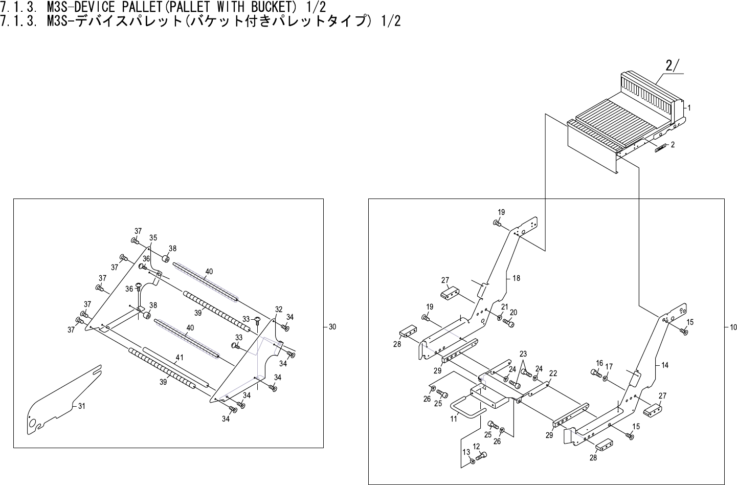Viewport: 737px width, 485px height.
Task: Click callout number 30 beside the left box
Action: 332,327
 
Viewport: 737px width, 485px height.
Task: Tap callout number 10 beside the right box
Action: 733,327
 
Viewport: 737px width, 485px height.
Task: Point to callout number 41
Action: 180,358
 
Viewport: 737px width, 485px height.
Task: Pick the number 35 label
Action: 153,238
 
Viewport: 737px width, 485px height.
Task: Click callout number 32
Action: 279,310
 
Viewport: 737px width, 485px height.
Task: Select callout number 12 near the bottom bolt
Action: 476,446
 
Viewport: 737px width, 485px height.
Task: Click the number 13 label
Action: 466,452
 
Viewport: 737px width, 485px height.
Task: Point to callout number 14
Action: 665,365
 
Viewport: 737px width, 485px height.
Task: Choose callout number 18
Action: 516,278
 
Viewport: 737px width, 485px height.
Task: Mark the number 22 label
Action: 553,373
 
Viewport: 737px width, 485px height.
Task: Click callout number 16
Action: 599,363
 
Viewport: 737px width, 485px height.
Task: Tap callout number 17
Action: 609,367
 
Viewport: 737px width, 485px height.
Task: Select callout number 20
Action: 513,313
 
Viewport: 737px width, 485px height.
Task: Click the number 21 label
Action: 504,306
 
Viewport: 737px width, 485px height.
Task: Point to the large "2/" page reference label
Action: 672,65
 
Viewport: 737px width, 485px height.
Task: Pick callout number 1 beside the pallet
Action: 689,108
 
